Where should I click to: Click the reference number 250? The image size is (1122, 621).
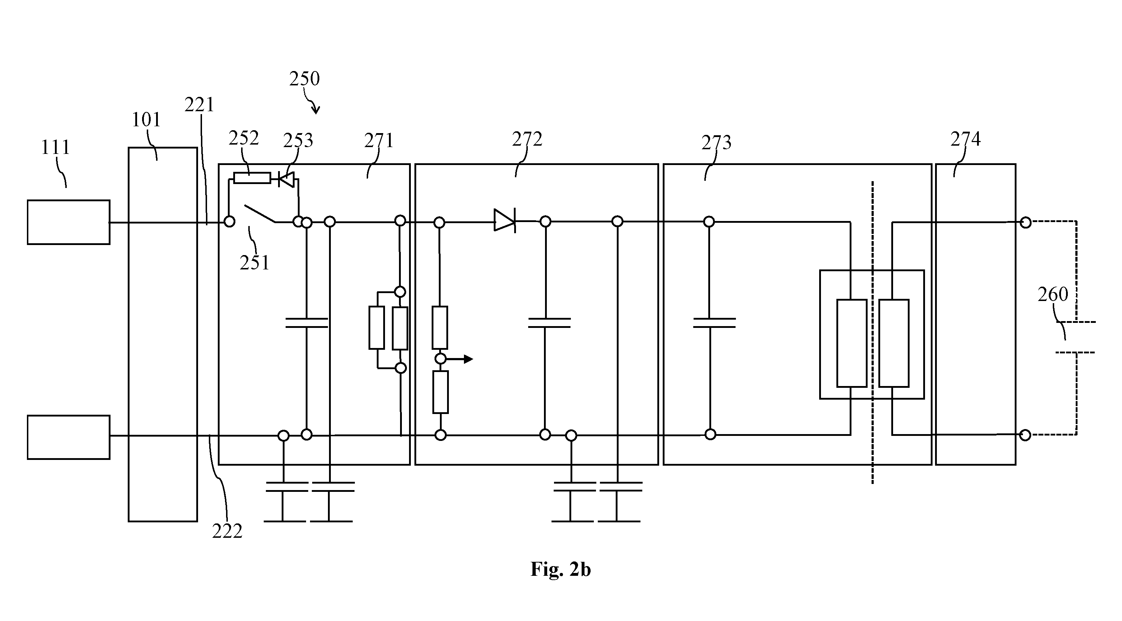click(x=305, y=79)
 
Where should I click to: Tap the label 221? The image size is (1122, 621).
click(x=199, y=105)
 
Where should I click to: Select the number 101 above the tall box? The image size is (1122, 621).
click(x=146, y=119)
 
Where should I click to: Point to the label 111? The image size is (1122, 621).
click(x=55, y=147)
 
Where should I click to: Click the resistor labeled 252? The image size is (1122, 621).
click(x=252, y=178)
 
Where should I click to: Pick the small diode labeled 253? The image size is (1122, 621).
click(x=286, y=179)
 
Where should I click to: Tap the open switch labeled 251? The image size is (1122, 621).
click(x=259, y=214)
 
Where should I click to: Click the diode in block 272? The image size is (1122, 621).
click(x=505, y=221)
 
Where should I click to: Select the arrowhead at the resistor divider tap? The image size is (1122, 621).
click(x=468, y=359)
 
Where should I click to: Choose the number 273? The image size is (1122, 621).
click(x=716, y=143)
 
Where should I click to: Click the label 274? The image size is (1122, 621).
click(x=966, y=139)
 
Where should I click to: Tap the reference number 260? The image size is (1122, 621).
click(x=1053, y=295)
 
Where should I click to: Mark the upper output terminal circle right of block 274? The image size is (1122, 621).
click(x=1026, y=223)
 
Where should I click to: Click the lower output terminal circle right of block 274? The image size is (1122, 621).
click(x=1025, y=435)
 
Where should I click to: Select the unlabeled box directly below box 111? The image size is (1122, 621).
click(x=69, y=437)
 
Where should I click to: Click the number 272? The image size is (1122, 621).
click(x=527, y=139)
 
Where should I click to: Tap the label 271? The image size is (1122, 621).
click(x=379, y=141)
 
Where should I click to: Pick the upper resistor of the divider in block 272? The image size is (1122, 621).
click(x=440, y=328)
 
